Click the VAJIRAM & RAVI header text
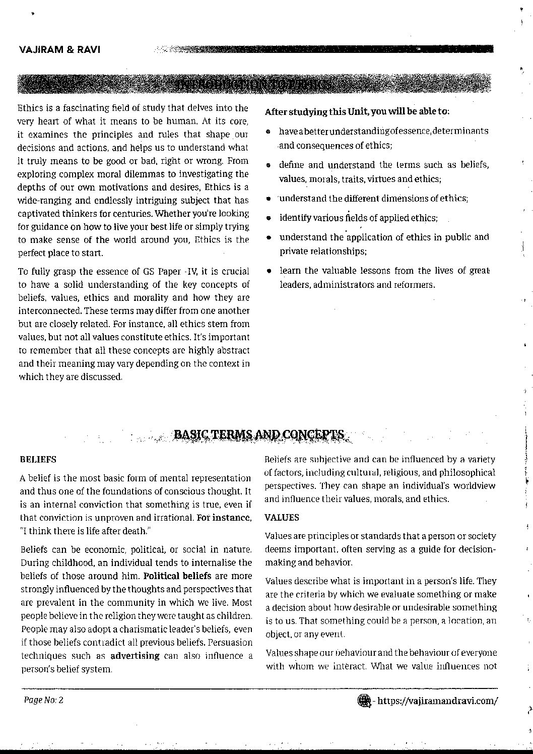(59, 50)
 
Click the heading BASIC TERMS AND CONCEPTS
(259, 434)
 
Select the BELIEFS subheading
(38, 460)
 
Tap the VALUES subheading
(282, 517)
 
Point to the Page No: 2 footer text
(43, 700)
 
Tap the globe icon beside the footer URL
(363, 700)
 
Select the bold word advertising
(135, 656)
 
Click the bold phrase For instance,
(224, 517)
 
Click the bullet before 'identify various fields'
(270, 218)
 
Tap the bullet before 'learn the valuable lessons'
(270, 271)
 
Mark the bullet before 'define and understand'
(270, 165)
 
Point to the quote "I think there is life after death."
(86, 530)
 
